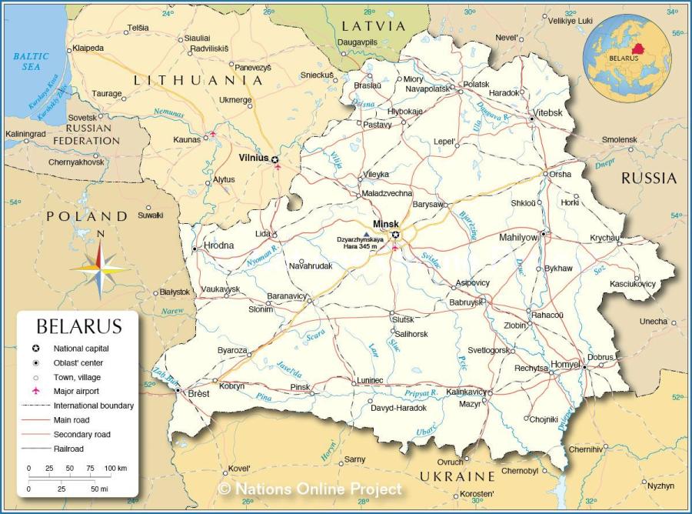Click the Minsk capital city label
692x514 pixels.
tap(386, 224)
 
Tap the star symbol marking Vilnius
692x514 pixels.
tap(274, 159)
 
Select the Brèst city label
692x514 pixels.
tap(199, 392)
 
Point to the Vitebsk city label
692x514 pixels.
tap(548, 112)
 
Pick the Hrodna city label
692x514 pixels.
tap(218, 246)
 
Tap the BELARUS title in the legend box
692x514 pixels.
tap(79, 326)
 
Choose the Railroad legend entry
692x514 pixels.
tap(68, 448)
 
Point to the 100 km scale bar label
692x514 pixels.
tap(115, 468)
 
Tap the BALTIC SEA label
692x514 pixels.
tap(31, 61)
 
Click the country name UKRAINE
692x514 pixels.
tap(457, 476)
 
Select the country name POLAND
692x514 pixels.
tap(86, 216)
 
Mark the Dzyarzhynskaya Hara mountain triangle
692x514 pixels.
tap(365, 232)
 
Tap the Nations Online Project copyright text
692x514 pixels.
tap(309, 489)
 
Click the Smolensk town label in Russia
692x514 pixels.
tap(619, 139)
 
